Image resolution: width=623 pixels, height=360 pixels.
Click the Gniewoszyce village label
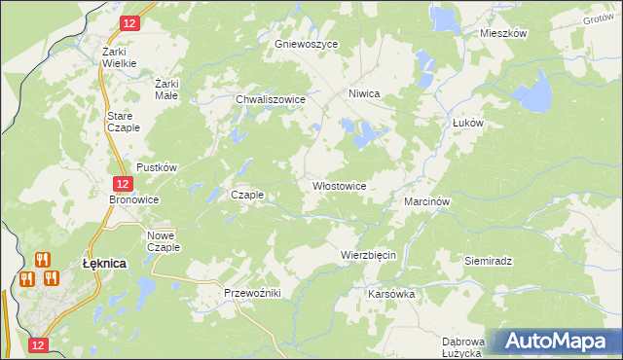click(x=306, y=45)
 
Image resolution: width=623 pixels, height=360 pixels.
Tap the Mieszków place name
click(x=503, y=33)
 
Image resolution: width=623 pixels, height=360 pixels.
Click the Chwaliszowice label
click(x=272, y=99)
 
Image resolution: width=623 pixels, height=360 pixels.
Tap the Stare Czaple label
click(x=124, y=122)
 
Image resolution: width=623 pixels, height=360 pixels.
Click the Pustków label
click(x=157, y=167)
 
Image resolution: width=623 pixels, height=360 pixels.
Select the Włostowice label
click(x=339, y=185)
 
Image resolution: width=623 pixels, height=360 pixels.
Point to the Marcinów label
click(x=425, y=201)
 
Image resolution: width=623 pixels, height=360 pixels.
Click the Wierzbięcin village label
click(x=368, y=255)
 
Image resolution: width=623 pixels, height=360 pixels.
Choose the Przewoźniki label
click(x=252, y=292)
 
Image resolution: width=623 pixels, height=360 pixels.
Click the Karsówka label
click(x=392, y=293)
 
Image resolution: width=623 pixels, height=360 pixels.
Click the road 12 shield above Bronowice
click(x=121, y=183)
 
